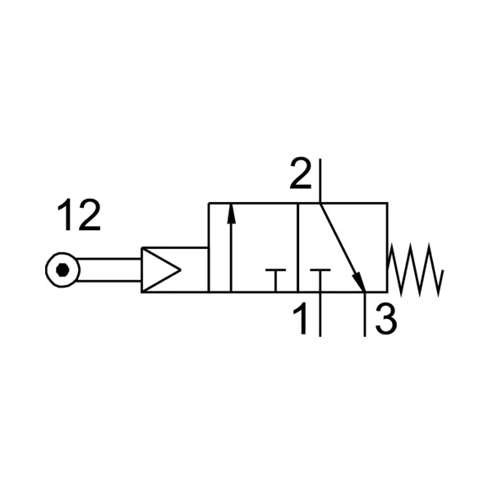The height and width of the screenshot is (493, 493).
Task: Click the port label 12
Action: [x=79, y=215]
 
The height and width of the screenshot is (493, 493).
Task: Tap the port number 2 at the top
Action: [x=300, y=173]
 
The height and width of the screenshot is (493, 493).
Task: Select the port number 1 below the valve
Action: [x=301, y=319]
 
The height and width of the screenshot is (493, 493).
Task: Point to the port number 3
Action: [x=386, y=319]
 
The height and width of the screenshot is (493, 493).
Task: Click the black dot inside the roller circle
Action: [x=62, y=270]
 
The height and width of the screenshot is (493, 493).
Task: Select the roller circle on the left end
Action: [x=62, y=270]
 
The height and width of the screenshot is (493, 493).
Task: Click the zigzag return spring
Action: [x=416, y=270]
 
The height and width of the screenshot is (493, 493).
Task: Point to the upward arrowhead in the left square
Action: [x=231, y=214]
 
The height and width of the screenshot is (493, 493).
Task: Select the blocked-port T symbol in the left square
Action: [x=275, y=280]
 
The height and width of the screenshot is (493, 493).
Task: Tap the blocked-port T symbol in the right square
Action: [x=320, y=280]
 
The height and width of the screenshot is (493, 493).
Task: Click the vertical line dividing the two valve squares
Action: [x=297, y=248]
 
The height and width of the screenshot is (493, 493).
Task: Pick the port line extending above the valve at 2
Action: [x=320, y=181]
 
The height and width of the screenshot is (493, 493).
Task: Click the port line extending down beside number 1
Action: [x=320, y=315]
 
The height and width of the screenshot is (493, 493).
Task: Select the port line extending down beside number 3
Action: [x=365, y=315]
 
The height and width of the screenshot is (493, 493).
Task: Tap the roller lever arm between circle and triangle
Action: [x=108, y=270]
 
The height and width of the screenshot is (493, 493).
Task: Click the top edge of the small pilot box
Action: [x=175, y=248]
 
